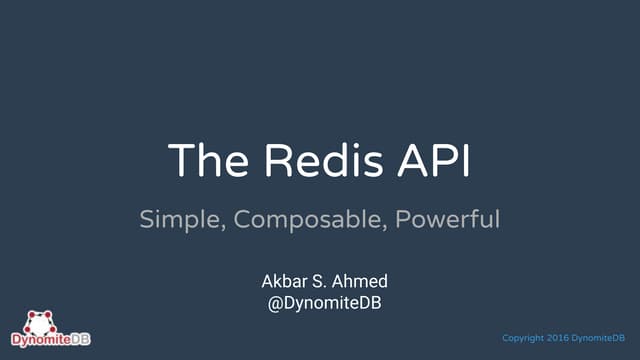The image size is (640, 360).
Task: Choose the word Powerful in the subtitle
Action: [448, 218]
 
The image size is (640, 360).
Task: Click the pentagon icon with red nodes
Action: [37, 323]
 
